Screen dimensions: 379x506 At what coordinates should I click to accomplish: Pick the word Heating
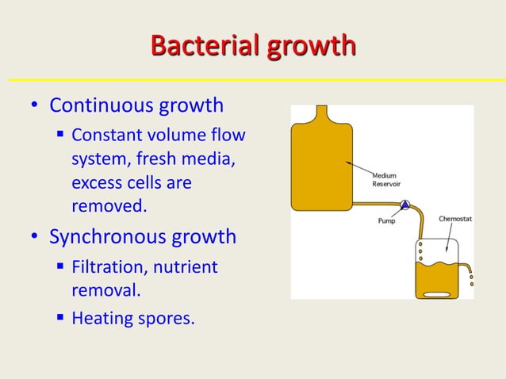[x=101, y=320]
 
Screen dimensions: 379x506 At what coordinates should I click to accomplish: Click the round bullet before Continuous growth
[x=34, y=106]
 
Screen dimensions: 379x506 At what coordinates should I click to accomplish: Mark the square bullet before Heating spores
[x=60, y=320]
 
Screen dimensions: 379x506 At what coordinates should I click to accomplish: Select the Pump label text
[x=385, y=221]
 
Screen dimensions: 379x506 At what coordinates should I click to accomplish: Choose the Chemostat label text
[x=456, y=219]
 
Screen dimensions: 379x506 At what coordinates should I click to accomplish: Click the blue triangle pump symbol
[x=404, y=205]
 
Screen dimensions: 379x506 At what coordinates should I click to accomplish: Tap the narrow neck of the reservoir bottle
[x=321, y=113]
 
